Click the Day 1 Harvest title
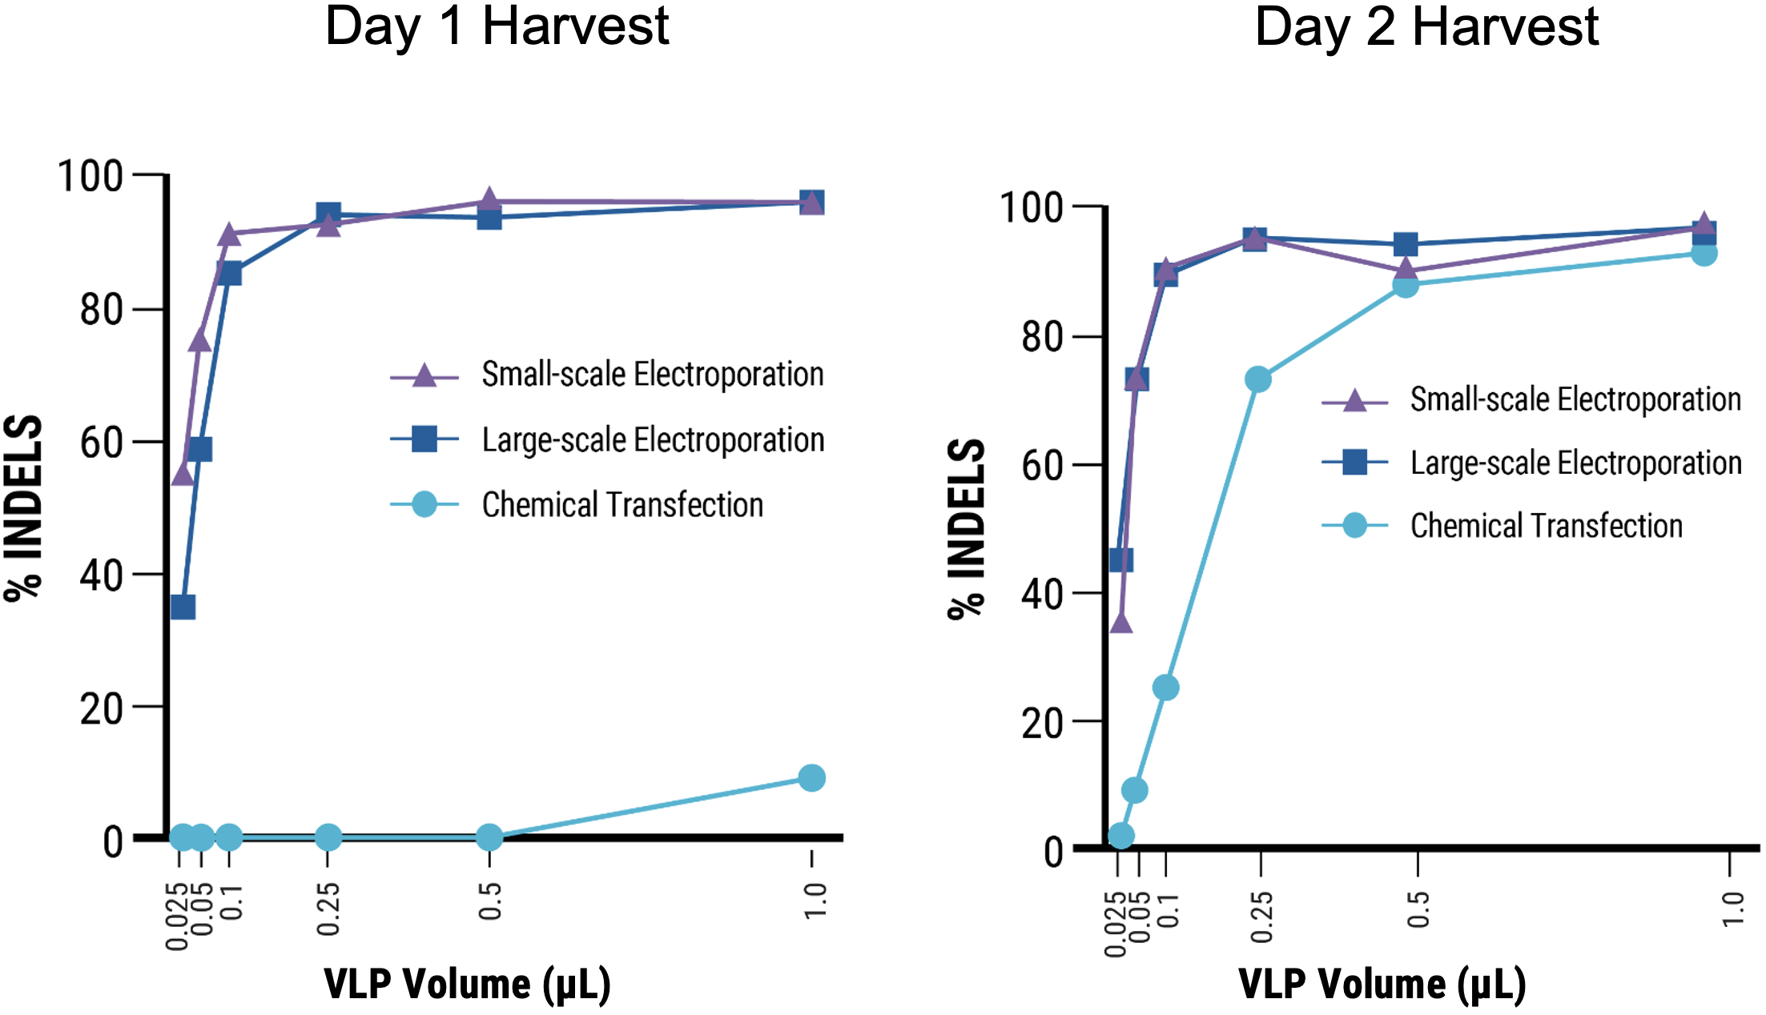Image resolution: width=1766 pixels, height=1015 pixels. click(497, 27)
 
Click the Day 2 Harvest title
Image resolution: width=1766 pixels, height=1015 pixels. click(1426, 27)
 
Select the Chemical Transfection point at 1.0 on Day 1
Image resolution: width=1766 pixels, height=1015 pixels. click(811, 777)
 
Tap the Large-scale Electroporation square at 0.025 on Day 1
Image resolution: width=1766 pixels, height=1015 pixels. click(183, 607)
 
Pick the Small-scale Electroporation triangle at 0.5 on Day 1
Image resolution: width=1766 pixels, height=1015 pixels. click(489, 201)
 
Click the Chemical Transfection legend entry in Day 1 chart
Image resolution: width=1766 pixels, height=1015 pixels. click(622, 505)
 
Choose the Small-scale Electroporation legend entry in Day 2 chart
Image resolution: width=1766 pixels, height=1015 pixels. click(1575, 399)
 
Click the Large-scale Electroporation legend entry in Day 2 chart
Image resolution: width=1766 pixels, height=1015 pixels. click(1575, 463)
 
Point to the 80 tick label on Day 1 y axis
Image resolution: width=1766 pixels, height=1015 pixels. click(101, 310)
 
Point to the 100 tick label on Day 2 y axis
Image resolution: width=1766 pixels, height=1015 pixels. click(1032, 207)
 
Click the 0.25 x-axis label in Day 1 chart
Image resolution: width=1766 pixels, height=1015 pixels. click(328, 909)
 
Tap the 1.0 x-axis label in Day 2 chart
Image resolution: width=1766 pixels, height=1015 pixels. click(1732, 909)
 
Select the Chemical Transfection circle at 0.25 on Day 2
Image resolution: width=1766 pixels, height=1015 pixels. click(1258, 379)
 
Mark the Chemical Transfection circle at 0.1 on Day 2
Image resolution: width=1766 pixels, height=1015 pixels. click(1166, 688)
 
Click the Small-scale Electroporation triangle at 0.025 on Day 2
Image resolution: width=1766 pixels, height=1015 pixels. click(1121, 623)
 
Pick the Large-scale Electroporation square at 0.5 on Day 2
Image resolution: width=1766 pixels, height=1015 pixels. click(1405, 244)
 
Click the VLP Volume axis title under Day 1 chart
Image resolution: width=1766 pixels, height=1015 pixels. click(467, 984)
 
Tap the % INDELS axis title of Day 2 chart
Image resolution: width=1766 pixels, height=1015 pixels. click(966, 528)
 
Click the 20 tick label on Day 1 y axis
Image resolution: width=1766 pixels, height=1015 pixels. click(101, 708)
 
